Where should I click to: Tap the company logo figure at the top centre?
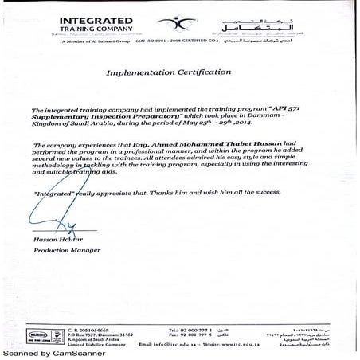tap(185, 22)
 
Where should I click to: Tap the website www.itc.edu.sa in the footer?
tap(238, 344)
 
